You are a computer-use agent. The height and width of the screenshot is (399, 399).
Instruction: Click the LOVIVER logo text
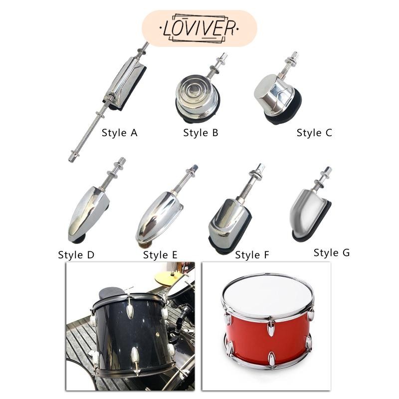(x=199, y=28)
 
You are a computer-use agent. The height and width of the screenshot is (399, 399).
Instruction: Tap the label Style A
(x=119, y=133)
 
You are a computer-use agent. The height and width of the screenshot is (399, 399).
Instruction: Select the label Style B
(x=200, y=133)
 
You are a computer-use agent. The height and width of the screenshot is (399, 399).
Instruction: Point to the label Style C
(x=314, y=133)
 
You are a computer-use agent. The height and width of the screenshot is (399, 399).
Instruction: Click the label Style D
(x=76, y=255)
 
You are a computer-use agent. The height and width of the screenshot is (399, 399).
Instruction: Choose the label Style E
(x=160, y=255)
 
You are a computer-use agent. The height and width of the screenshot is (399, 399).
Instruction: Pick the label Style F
(x=252, y=255)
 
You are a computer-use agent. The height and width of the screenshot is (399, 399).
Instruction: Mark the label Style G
(x=332, y=253)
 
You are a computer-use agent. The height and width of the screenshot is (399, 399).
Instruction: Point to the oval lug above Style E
(x=158, y=217)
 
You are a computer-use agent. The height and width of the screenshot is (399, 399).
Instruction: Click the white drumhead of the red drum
(x=268, y=295)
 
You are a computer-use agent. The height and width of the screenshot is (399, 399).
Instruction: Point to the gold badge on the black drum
(x=157, y=335)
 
